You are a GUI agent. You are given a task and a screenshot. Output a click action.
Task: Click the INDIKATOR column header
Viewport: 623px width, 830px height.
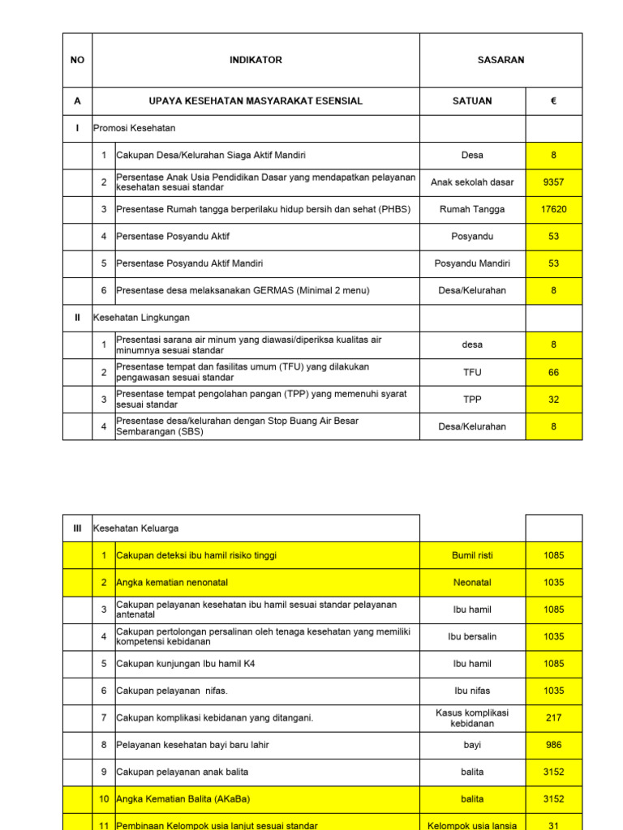(x=256, y=60)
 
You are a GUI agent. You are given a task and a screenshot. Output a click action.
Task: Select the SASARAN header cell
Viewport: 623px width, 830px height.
(x=501, y=60)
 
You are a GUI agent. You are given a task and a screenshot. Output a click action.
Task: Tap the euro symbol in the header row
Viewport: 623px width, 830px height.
(x=553, y=101)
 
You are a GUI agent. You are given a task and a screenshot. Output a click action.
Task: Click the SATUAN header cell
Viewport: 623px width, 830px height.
(x=472, y=101)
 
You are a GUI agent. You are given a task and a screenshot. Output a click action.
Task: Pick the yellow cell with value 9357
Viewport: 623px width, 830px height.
(x=553, y=182)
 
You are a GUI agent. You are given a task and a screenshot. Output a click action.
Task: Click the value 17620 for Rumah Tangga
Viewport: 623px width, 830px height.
(x=553, y=209)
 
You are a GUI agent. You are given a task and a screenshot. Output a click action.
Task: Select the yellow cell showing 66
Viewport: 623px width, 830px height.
(x=553, y=372)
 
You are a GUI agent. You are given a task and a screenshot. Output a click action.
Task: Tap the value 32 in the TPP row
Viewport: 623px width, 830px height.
(x=553, y=400)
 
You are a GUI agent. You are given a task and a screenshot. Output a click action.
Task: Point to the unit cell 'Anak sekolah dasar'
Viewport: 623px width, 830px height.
(x=472, y=182)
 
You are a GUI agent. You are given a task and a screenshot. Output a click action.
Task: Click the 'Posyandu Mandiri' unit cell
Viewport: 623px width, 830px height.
(x=472, y=263)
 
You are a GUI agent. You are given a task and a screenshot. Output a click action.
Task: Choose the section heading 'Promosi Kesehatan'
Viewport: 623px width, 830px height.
(x=135, y=128)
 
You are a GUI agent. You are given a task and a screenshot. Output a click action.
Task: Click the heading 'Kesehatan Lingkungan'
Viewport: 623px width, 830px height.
(x=142, y=318)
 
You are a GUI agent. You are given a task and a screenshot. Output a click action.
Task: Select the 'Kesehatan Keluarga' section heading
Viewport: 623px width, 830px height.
(x=136, y=528)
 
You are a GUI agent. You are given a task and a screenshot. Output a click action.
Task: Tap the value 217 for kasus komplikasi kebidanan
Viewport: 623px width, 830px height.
(x=553, y=718)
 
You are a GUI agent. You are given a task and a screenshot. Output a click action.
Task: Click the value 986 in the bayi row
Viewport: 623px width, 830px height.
(x=553, y=745)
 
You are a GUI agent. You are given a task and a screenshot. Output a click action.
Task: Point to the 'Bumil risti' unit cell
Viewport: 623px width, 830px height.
(x=472, y=555)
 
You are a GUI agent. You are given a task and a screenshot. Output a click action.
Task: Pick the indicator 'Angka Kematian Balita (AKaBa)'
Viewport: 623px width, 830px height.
(x=183, y=799)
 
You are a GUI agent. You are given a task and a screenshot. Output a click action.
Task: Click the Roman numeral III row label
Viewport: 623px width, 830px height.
(x=77, y=528)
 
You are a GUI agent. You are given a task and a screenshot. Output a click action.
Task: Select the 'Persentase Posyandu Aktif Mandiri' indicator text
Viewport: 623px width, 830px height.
(x=190, y=263)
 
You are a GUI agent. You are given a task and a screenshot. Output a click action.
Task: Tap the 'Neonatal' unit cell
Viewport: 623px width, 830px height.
(x=472, y=582)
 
